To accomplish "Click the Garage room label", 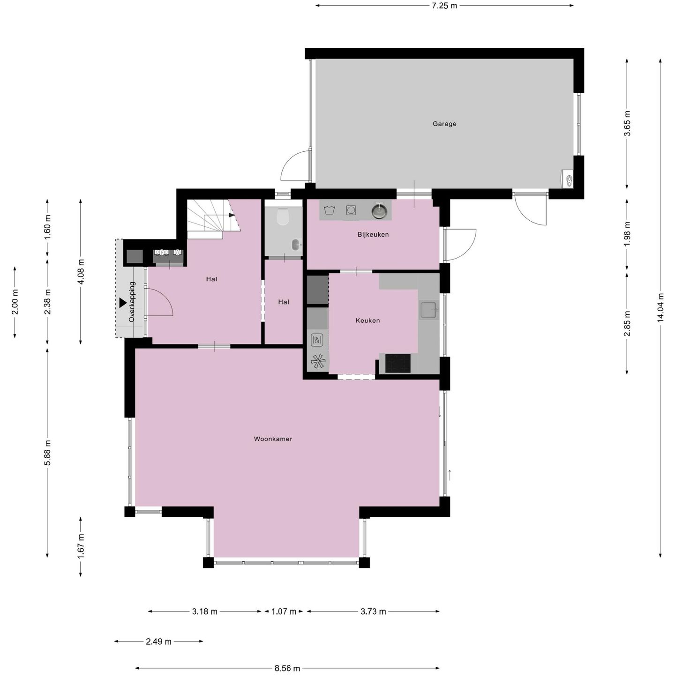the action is click(x=444, y=124).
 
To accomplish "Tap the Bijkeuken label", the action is click(x=373, y=234).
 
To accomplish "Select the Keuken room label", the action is click(x=367, y=320).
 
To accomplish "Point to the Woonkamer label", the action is click(x=273, y=439).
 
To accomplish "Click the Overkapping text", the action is click(x=132, y=302).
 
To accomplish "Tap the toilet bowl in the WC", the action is click(x=283, y=217).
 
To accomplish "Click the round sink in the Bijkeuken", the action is click(x=379, y=211).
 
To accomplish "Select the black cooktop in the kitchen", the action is click(x=398, y=364).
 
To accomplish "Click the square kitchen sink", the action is click(x=428, y=310).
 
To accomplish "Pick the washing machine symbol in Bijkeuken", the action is click(x=351, y=210).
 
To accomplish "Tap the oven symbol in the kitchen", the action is click(x=317, y=340).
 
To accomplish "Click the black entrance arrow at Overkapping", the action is click(x=122, y=303).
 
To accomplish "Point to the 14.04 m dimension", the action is click(x=660, y=307).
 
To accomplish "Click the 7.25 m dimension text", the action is click(x=444, y=6).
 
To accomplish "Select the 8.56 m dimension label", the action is click(x=287, y=668).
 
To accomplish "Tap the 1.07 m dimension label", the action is click(x=284, y=611).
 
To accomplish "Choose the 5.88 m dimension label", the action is click(x=47, y=453).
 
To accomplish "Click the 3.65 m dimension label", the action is click(x=627, y=123).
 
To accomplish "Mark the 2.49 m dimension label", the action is click(x=158, y=641).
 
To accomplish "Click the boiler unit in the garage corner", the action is click(x=567, y=178).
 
